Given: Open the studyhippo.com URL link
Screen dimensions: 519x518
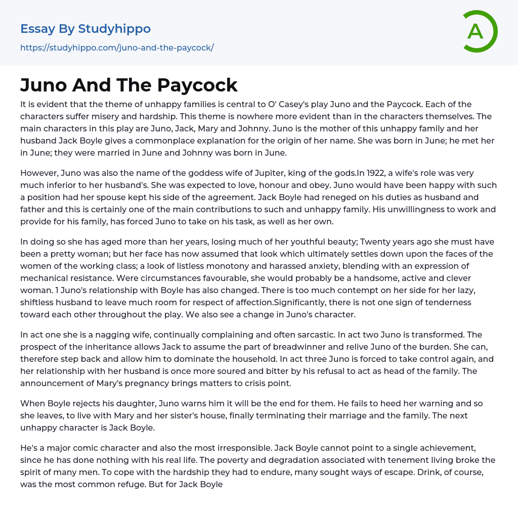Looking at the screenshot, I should [x=117, y=48].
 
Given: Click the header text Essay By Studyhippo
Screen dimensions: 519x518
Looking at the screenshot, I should [x=85, y=29].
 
